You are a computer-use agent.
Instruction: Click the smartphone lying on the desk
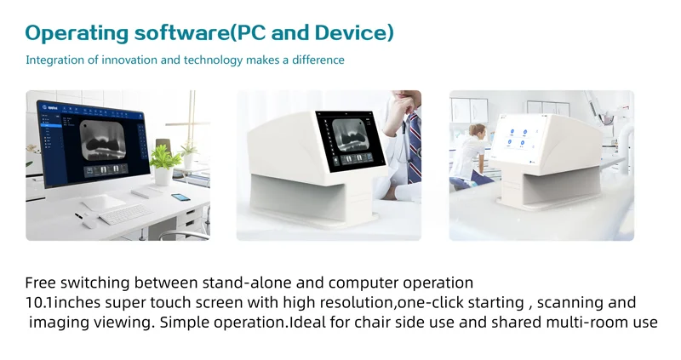tap(180, 197)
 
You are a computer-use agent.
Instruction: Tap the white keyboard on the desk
tap(126, 214)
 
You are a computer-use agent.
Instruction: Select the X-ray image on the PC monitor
tap(103, 140)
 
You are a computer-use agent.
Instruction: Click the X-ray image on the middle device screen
tap(351, 136)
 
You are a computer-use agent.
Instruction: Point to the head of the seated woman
tap(478, 130)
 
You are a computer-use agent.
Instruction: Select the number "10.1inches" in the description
tap(62, 303)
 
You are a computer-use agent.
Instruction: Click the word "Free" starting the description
tap(40, 283)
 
